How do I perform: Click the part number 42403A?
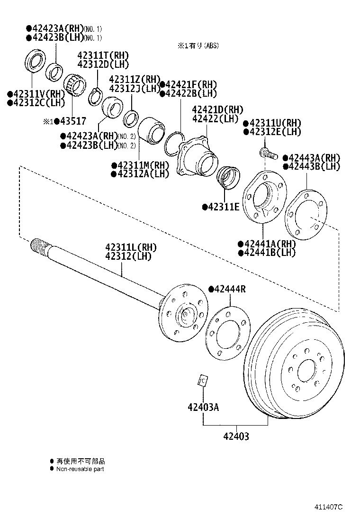(x=203, y=407)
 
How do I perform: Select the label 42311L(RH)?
(x=130, y=247)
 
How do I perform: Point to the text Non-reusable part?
(x=80, y=469)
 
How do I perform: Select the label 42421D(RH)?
(x=217, y=109)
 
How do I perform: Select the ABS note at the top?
(x=198, y=46)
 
